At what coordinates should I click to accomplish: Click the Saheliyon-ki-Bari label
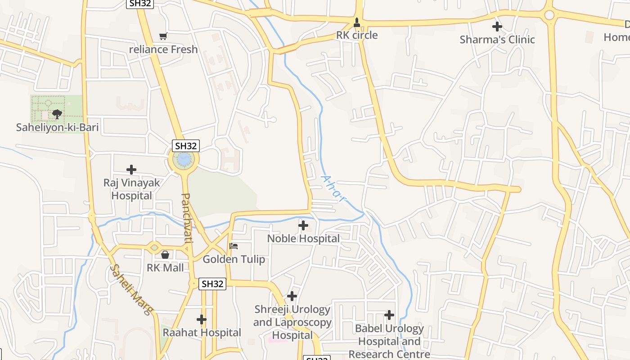click(57, 127)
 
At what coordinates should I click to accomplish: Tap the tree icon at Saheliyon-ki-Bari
click(57, 114)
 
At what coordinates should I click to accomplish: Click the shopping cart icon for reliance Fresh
click(163, 36)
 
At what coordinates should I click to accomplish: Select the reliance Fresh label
click(163, 49)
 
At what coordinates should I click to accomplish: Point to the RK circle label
click(357, 35)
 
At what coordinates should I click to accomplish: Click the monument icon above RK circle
click(357, 22)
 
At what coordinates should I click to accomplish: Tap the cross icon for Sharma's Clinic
click(497, 27)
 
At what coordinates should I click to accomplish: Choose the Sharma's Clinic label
click(497, 40)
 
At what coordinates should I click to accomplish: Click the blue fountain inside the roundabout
click(184, 159)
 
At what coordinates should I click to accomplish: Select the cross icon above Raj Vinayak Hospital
click(131, 170)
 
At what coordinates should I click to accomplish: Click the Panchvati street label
click(187, 218)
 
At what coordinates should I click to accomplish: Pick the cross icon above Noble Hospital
click(303, 225)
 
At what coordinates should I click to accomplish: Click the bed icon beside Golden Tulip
click(234, 246)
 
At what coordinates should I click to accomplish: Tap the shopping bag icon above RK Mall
click(165, 255)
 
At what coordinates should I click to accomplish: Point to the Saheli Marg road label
click(131, 289)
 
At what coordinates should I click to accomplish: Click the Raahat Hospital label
click(202, 333)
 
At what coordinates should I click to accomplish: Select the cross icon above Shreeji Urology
click(292, 296)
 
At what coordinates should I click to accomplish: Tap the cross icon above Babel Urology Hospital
click(389, 315)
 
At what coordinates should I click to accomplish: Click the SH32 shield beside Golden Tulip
click(212, 284)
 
